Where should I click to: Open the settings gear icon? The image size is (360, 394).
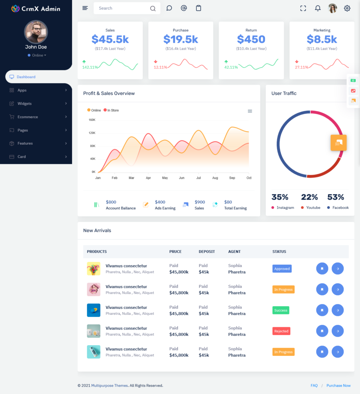point(347,8)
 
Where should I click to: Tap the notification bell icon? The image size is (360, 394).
point(318,8)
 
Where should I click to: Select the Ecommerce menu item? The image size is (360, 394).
point(28,117)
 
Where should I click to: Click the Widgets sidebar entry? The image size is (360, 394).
point(25,104)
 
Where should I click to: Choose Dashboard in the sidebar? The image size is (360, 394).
point(26,77)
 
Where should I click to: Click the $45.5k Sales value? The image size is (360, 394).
point(110,39)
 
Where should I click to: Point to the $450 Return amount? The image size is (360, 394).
point(251,39)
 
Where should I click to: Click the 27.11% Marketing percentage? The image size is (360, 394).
point(302,67)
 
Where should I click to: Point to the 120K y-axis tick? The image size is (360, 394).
point(92,133)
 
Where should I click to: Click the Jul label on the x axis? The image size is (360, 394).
point(198,178)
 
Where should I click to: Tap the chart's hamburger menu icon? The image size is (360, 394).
point(250,111)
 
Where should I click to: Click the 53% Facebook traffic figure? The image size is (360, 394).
point(335,197)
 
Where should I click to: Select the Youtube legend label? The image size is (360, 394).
point(313,208)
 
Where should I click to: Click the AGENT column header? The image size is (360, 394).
point(234,252)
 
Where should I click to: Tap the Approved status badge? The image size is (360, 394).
point(282,269)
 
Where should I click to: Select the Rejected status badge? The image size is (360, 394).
point(281,331)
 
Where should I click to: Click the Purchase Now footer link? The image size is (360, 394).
point(338,386)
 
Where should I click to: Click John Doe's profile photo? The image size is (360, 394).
point(36,32)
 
